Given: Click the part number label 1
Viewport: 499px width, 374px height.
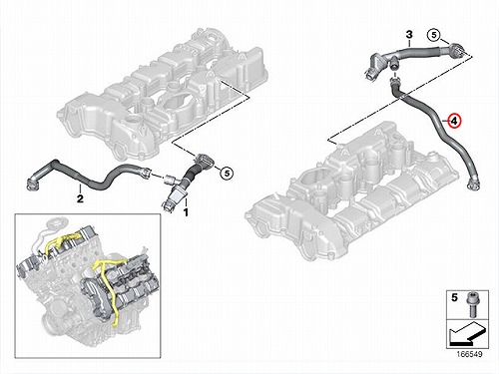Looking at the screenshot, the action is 186,211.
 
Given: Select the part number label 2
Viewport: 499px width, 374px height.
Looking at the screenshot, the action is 80,198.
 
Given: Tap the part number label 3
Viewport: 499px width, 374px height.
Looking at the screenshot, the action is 409,34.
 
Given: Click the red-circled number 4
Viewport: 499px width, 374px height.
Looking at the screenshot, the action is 454,121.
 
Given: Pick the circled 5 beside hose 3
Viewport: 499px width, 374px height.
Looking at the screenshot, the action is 434,35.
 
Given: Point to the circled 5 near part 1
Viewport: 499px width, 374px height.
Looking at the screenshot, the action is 227,173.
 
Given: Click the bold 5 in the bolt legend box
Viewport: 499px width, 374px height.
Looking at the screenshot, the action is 454,298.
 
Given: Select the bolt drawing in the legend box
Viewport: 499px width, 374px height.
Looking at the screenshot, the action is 472,304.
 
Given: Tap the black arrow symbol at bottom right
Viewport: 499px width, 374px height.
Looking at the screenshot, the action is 466,335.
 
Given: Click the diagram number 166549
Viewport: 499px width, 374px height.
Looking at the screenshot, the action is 469,354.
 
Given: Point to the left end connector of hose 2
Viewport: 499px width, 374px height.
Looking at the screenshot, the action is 32,183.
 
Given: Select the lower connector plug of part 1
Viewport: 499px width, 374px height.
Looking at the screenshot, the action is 170,204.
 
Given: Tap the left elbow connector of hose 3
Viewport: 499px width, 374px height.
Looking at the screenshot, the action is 374,65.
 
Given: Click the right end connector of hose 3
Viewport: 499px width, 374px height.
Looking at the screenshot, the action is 456,50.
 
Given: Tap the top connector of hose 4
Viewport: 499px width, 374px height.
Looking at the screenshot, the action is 394,81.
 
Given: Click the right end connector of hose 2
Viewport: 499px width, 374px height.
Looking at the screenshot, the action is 147,172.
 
